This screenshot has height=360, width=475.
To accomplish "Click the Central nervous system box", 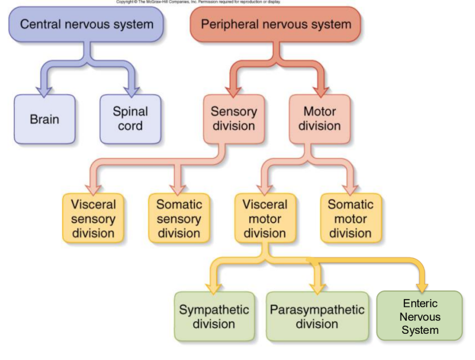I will point(86,25).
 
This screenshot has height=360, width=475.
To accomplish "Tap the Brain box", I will point(44,121).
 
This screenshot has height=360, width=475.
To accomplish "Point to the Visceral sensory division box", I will point(93,218).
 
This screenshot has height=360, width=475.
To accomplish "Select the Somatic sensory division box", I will point(179,218).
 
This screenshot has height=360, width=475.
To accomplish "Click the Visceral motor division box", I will point(265,218).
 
